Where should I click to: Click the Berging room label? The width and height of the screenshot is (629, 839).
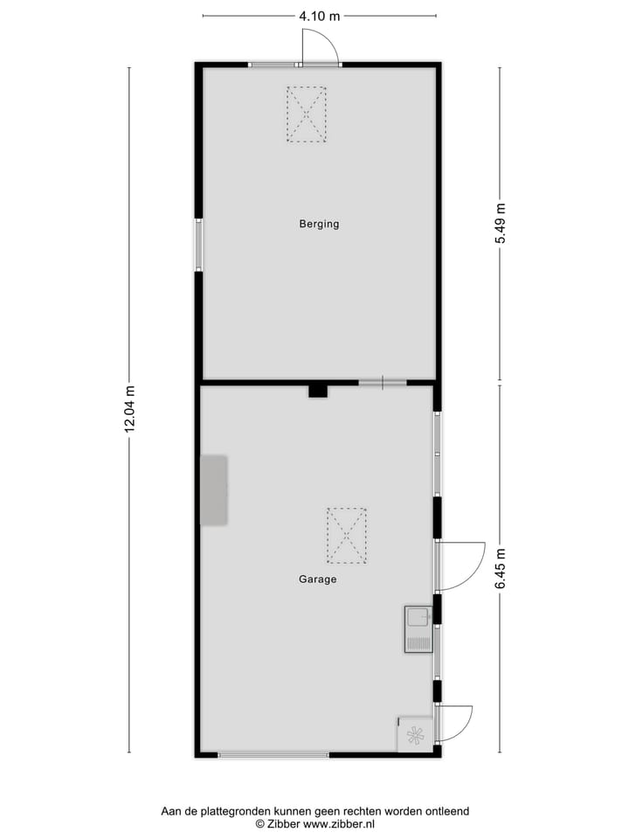319,224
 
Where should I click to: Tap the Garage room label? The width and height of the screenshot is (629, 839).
317,579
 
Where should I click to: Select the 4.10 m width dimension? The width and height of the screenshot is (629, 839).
319,16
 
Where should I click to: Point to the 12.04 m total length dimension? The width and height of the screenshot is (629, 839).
130,409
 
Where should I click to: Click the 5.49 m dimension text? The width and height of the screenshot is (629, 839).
501,226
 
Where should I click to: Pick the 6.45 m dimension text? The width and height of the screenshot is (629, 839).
501,568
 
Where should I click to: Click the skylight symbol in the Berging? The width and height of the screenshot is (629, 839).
307,114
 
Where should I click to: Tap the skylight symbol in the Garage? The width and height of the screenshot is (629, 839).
347,536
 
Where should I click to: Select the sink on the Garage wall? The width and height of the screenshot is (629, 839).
418,629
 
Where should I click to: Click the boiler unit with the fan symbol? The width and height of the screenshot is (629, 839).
416,735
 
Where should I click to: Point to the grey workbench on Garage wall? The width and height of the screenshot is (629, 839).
214,490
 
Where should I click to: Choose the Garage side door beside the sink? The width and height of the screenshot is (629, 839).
460,565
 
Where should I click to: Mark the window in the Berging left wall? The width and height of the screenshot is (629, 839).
198,245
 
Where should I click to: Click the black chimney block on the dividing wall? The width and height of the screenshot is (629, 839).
317,391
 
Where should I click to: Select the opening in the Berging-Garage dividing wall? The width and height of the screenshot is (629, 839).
383,383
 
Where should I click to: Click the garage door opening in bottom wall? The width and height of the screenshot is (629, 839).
274,755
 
